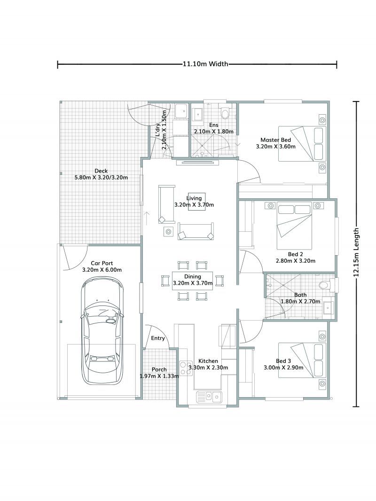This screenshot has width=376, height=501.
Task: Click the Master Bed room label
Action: [276, 140]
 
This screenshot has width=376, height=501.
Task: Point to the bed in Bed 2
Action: [294, 226]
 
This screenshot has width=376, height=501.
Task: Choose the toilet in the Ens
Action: [225, 113]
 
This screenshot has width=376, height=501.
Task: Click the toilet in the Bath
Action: [324, 285]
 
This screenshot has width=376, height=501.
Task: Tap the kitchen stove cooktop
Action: [183, 367]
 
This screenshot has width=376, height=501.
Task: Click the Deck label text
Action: [101, 171]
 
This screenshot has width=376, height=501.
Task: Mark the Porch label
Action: [159, 369]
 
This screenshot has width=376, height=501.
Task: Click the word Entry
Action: [157, 338]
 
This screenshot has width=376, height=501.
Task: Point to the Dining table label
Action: [193, 277]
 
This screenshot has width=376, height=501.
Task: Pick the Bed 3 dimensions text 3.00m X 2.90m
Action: [289, 368]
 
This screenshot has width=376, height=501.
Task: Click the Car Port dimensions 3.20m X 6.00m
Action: [102, 270]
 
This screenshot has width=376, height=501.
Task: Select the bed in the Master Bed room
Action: [301, 143]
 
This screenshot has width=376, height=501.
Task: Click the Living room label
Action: [194, 199]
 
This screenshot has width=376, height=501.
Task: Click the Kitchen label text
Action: [208, 361]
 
